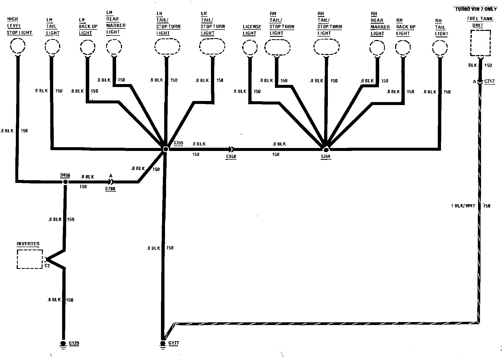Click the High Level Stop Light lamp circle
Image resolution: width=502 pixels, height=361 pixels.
[18, 46]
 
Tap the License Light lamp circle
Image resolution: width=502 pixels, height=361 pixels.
[250, 48]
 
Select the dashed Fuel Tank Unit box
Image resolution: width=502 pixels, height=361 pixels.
[481, 43]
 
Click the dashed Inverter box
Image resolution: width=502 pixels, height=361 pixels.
[30, 259]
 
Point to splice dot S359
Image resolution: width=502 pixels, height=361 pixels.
[166, 149]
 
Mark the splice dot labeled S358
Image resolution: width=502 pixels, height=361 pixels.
[326, 150]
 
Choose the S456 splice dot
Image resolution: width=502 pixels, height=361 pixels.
[65, 182]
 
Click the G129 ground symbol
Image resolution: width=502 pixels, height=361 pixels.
[63, 344]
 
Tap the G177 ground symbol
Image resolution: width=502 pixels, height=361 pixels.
[163, 344]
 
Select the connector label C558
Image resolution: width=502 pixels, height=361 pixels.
[231, 157]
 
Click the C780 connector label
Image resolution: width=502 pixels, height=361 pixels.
[110, 189]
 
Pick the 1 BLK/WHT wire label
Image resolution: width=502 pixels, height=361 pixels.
[463, 206]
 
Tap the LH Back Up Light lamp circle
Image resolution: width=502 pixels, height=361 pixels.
[88, 47]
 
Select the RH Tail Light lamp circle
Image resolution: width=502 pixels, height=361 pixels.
[440, 48]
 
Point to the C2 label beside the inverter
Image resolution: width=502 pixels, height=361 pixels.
[47, 266]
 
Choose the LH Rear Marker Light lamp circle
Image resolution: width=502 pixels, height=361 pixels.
[114, 47]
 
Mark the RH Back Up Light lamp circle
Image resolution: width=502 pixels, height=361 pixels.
[403, 48]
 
